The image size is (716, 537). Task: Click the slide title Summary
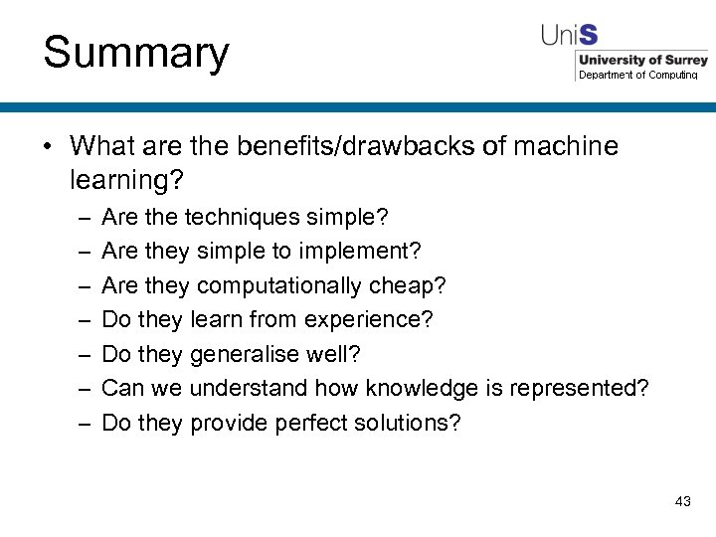[x=136, y=53]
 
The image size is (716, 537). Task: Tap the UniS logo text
[x=570, y=36]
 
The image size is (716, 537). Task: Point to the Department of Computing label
[x=638, y=76]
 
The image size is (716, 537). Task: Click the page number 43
[x=682, y=501]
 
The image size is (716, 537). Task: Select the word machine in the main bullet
[x=566, y=147]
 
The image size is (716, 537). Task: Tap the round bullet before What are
[x=48, y=148]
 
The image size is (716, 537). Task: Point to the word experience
[x=382, y=320]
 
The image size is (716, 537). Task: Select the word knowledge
[x=423, y=388]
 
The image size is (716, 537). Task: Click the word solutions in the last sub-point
[x=409, y=423]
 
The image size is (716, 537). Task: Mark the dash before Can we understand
[x=83, y=389]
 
